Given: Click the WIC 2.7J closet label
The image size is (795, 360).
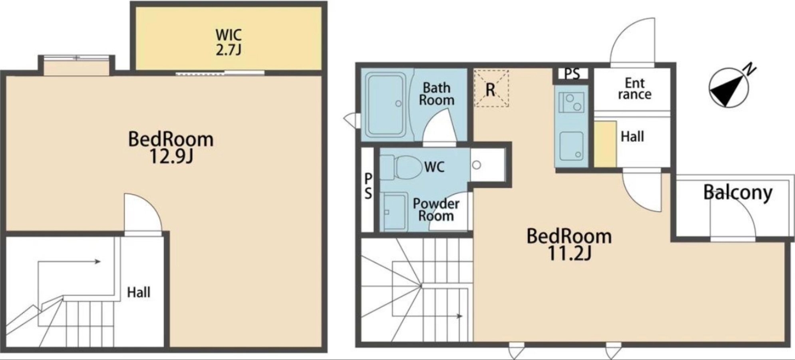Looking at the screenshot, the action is [229, 42].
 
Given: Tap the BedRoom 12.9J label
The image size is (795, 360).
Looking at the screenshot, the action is [171, 147].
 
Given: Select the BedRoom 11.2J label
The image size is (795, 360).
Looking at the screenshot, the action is [569, 244].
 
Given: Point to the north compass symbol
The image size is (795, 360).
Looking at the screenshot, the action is [729, 88].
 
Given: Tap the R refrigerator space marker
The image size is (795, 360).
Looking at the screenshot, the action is [491, 89].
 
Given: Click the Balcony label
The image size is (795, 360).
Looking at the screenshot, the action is [737, 193].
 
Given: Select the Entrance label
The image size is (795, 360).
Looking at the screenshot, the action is [634, 88].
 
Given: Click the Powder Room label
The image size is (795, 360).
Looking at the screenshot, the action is [436, 210].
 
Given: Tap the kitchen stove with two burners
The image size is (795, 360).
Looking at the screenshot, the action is [571, 102].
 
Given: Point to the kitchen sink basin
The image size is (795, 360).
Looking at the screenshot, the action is [571, 146].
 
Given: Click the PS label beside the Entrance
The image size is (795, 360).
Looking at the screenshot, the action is [572, 74].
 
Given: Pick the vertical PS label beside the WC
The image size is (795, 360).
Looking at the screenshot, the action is [368, 186].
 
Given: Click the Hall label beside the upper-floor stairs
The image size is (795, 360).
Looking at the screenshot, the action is [139, 292].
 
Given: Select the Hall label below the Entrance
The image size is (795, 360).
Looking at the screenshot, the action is [632, 137].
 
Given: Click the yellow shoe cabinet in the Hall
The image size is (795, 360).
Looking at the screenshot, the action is [605, 144].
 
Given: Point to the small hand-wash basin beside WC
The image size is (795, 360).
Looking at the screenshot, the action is [476, 165].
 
